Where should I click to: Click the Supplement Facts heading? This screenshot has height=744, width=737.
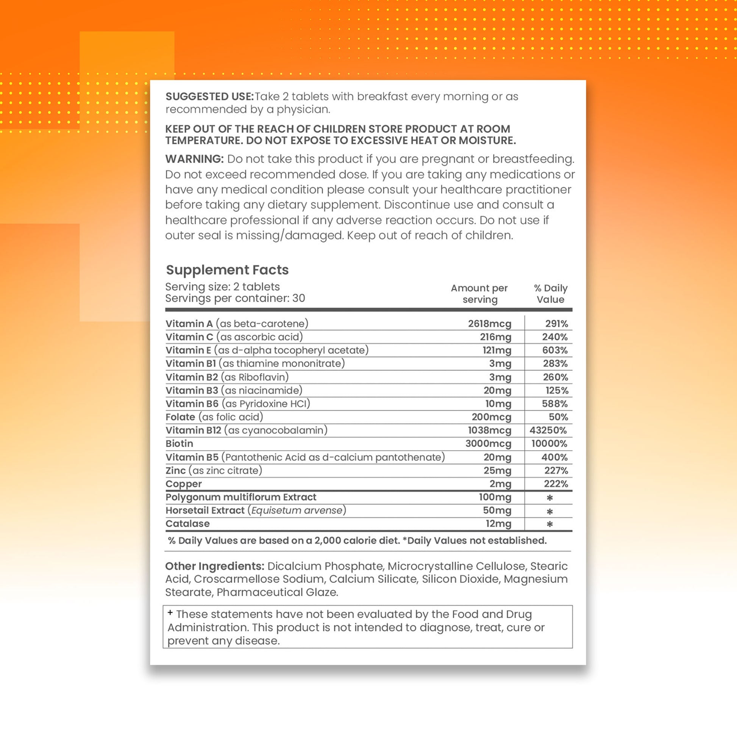227,270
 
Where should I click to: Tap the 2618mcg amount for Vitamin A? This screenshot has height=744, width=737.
489,323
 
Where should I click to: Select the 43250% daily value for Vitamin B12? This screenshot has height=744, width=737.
548,430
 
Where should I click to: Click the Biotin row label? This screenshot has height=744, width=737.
180,443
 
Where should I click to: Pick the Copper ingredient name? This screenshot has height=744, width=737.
184,484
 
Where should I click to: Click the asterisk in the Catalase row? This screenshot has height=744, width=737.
550,524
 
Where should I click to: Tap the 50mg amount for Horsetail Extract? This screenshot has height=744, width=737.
497,510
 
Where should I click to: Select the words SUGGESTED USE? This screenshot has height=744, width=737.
210,97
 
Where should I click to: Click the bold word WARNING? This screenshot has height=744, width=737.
194,159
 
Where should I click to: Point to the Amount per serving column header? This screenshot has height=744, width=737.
479,294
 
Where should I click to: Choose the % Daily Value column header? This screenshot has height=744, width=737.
550,294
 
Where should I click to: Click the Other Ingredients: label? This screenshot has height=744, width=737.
215,566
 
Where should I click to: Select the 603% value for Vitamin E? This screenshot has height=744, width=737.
554,350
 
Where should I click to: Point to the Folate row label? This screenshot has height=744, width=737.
180,417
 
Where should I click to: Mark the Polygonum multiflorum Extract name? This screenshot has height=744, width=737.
241,497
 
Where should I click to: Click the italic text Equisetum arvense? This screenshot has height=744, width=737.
297,510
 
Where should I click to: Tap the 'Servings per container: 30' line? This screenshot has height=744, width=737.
235,298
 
